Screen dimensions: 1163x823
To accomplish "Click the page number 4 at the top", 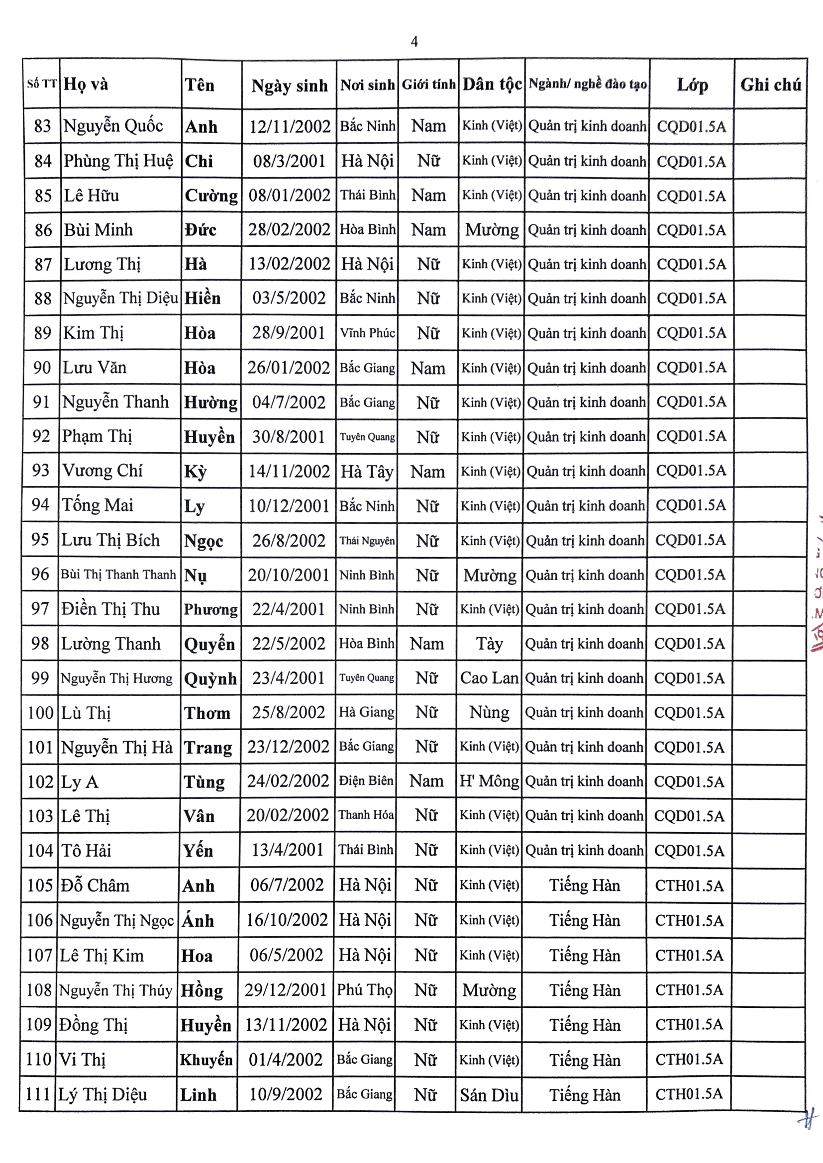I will [x=414, y=42].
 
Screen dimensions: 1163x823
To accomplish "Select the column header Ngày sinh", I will [x=290, y=86].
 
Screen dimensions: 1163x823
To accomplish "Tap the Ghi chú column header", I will [x=770, y=85].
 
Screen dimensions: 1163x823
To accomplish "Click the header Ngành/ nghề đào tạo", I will [x=587, y=84].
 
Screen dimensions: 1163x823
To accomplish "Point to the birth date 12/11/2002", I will [x=290, y=126].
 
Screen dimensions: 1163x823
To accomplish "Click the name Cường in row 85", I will [x=211, y=195].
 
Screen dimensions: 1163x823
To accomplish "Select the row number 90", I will [x=42, y=368].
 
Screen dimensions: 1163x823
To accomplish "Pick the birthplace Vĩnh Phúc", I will [x=367, y=333].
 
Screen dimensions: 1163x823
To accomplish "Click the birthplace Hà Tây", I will [x=367, y=472].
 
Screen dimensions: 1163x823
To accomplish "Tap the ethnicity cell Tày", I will [x=489, y=644].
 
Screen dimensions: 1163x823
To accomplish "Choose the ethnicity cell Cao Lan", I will [x=489, y=678].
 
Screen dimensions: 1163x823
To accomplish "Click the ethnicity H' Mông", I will [x=489, y=781].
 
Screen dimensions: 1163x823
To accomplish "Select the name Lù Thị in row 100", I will [x=86, y=713].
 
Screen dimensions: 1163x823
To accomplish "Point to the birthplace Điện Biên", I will [x=366, y=781].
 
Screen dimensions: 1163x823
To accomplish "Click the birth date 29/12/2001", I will [x=286, y=990].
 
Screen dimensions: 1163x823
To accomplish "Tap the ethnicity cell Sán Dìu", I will [x=489, y=1095].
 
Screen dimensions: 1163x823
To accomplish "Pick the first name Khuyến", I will [x=206, y=1060].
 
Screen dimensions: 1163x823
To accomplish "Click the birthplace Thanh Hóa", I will [x=366, y=815].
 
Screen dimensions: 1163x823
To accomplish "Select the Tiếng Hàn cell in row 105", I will [x=585, y=885].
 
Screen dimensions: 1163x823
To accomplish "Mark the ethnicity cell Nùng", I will [x=489, y=713].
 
